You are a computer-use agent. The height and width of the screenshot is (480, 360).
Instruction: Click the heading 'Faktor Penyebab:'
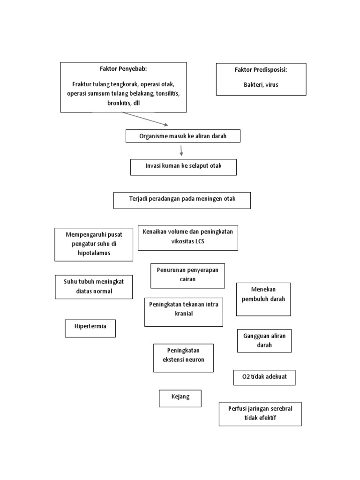pos(123,69)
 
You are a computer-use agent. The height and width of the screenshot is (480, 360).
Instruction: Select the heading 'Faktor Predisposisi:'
pos(261,70)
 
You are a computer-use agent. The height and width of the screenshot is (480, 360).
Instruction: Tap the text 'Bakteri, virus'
pos(261,85)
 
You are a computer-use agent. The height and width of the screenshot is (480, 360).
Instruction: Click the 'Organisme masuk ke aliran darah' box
pos(183,136)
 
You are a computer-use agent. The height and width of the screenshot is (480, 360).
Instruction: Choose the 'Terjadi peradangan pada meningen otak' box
pos(182,200)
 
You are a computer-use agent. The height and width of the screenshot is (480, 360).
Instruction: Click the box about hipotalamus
pos(94,244)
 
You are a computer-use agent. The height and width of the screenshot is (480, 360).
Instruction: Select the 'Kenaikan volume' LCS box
pos(188,237)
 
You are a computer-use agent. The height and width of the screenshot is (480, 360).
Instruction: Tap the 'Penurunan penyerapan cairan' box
pos(187,275)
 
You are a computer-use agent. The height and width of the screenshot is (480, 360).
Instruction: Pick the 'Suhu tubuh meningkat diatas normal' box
pos(94,287)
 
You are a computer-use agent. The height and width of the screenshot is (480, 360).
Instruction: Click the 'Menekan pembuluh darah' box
pos(263,299)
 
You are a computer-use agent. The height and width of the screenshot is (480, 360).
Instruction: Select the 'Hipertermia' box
pos(90,328)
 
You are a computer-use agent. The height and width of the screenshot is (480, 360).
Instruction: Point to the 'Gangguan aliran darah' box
pos(264,341)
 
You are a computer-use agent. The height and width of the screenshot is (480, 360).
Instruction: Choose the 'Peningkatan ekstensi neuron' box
pos(183,358)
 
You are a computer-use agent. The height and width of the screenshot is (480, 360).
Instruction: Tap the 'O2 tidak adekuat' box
pos(264,377)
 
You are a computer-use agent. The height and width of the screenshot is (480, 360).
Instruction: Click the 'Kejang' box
pos(180,398)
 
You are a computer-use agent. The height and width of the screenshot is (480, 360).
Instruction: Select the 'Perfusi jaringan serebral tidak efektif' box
pos(260,413)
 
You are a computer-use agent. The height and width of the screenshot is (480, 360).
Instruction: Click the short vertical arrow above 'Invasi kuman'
pos(181,150)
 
